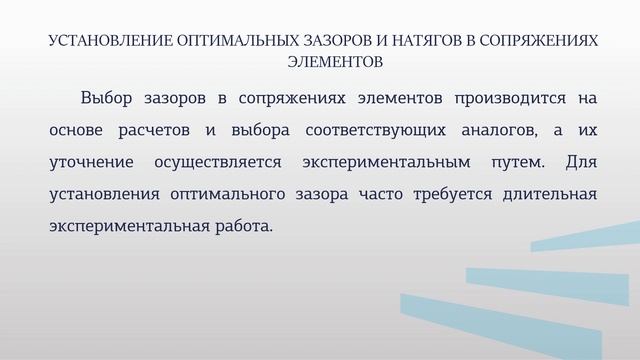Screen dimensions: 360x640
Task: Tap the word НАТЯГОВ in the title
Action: point(410,43)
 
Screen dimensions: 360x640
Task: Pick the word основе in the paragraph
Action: point(74,130)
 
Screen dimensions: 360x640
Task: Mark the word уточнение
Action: point(89,162)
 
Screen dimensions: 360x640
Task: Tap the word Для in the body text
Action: point(581,162)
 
